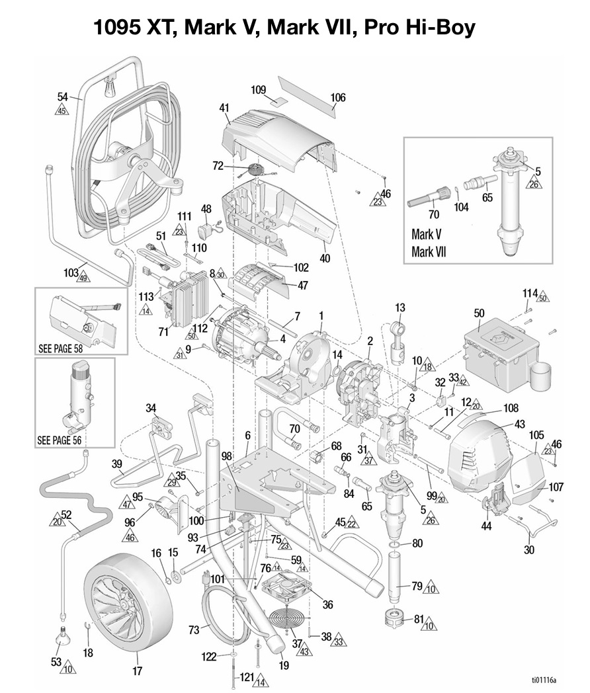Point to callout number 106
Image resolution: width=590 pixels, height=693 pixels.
point(337,98)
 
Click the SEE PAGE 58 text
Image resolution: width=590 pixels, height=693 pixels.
point(65,348)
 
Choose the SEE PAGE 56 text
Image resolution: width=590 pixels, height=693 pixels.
point(65,440)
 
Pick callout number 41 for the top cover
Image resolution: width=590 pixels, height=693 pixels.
point(224,107)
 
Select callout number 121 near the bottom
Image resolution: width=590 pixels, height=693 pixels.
point(246,676)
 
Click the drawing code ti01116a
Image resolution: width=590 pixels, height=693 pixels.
point(544,679)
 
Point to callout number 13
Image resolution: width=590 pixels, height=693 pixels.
point(400,307)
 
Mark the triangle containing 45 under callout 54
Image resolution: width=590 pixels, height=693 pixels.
point(62,110)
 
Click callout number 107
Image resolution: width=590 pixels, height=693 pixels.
point(556,487)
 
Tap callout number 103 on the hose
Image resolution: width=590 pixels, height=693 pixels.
point(71,272)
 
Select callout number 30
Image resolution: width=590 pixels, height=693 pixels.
point(528,550)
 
